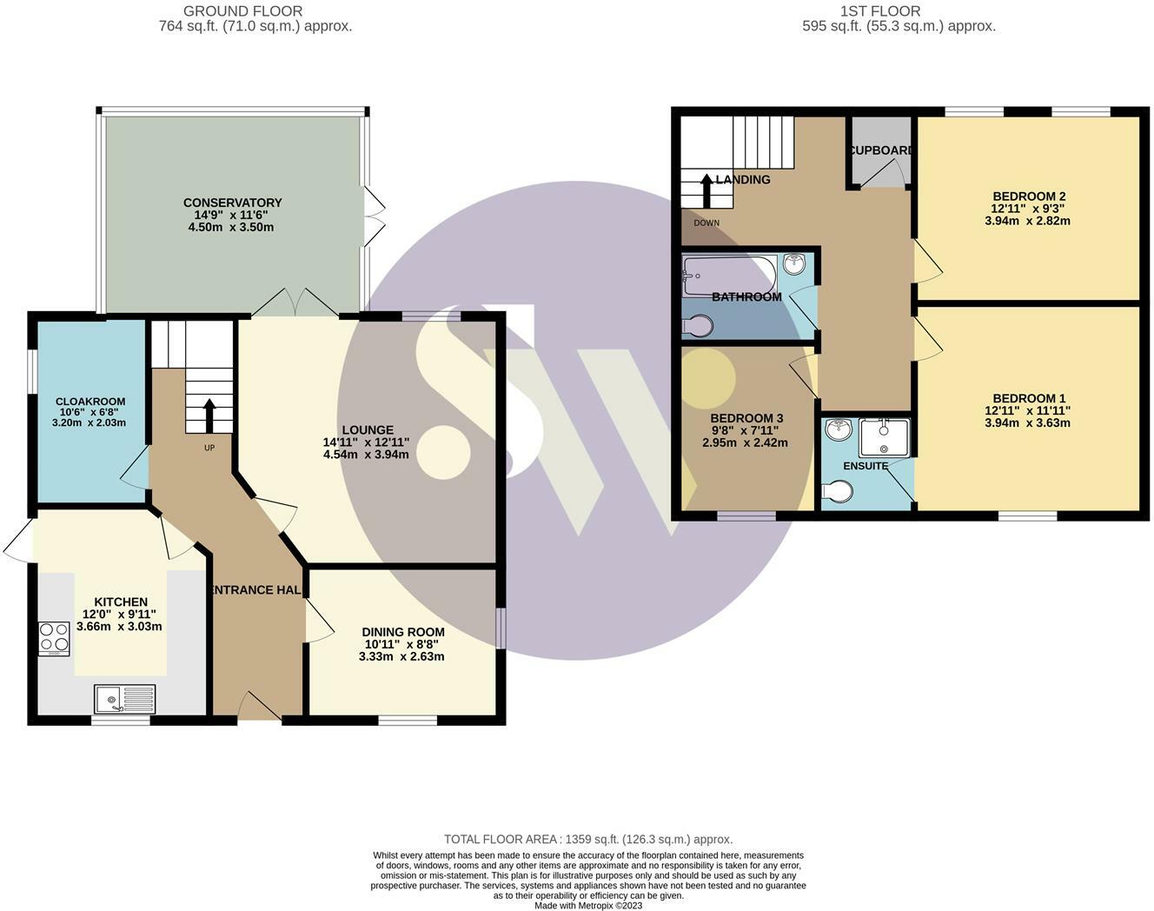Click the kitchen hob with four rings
point(54,639)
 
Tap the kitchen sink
point(124,699)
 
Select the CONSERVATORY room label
point(233,203)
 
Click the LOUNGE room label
point(368,429)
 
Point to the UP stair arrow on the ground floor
point(209,416)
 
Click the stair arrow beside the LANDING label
point(706,190)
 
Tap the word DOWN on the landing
point(706,223)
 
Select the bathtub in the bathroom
point(729,276)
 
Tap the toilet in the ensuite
point(838,491)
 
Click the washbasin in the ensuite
point(839,429)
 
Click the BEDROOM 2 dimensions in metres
point(1027,221)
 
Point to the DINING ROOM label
point(403,632)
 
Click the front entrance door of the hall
point(260,706)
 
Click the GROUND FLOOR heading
point(243,10)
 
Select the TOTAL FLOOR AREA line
point(588,839)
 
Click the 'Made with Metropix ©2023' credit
point(588,906)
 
